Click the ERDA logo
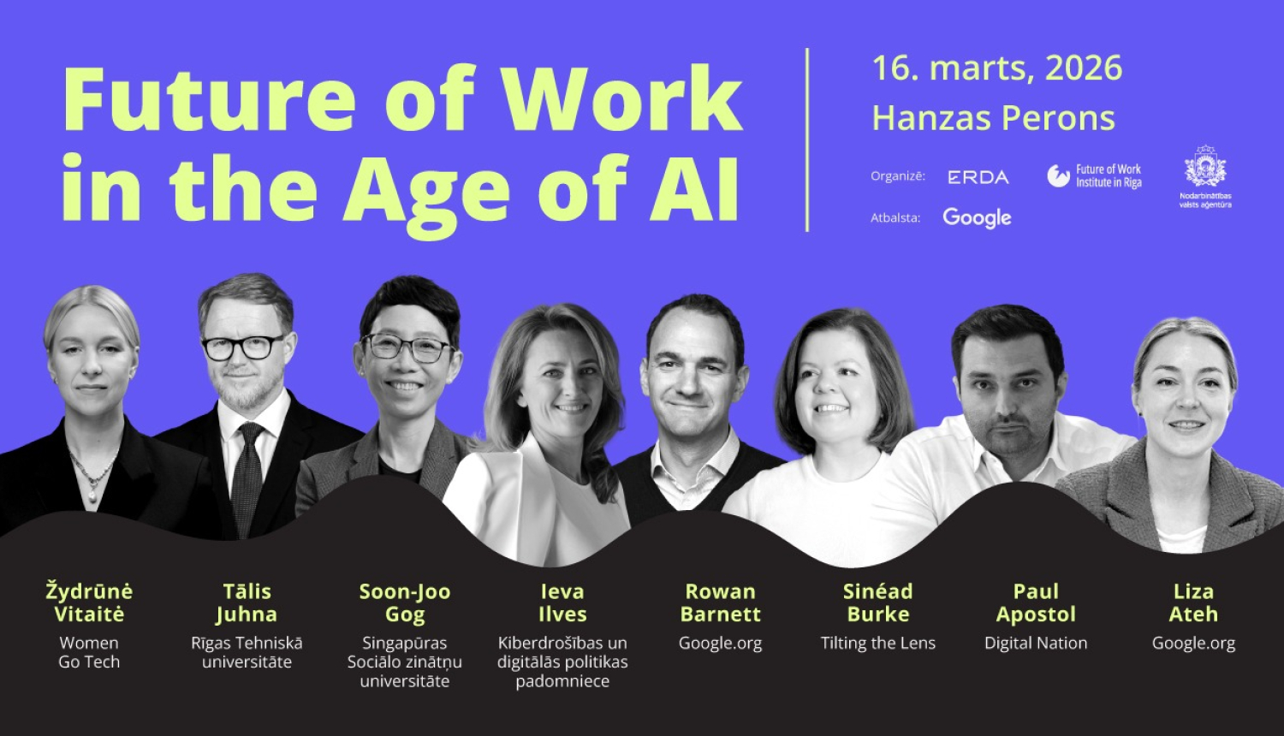click(x=978, y=177)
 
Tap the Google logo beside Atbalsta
click(x=977, y=218)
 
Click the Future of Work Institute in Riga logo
click(x=1095, y=176)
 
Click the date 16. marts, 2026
click(x=997, y=68)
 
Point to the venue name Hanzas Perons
click(x=993, y=118)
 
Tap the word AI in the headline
click(x=694, y=189)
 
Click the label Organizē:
click(x=898, y=176)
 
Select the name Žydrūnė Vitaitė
click(x=89, y=602)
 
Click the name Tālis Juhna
click(x=247, y=602)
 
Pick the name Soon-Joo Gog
click(x=404, y=602)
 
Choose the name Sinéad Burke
click(x=877, y=602)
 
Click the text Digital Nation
click(x=1036, y=644)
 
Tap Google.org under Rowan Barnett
click(x=720, y=644)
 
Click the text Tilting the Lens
click(x=877, y=644)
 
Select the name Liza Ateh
click(x=1193, y=602)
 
